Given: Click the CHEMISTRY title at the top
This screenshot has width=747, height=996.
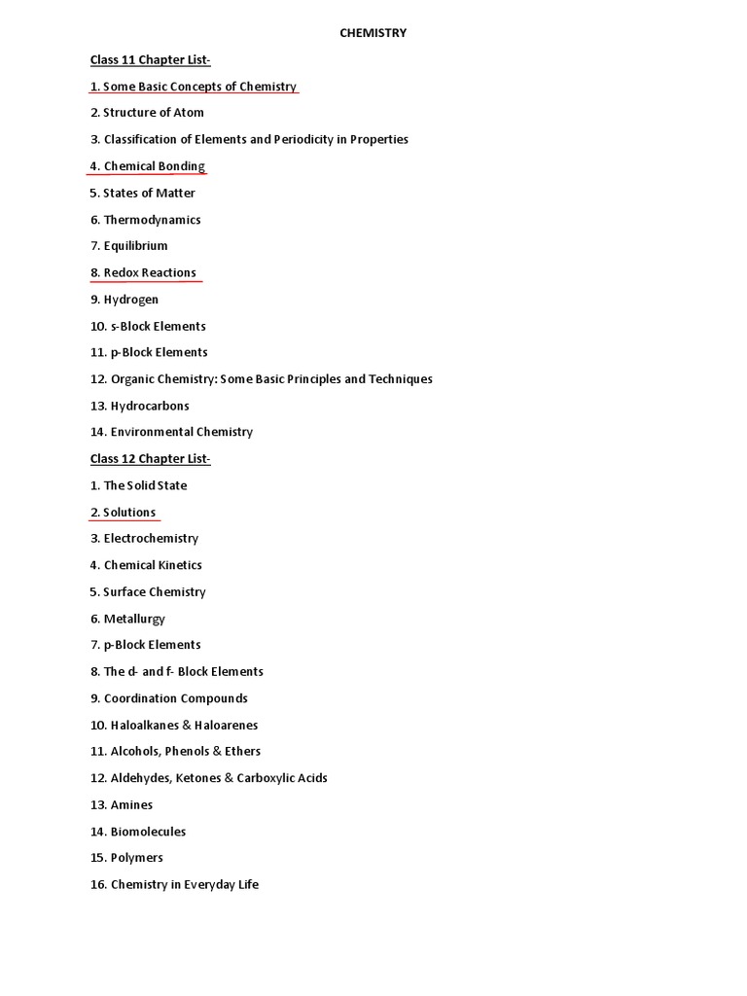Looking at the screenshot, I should (x=373, y=33).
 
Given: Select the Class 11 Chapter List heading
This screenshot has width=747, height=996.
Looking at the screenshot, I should (x=150, y=60).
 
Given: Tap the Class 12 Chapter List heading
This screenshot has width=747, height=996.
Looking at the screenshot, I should (x=150, y=459).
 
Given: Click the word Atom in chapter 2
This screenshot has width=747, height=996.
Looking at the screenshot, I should (x=189, y=113).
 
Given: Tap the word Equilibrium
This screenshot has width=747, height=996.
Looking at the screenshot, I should (x=135, y=246).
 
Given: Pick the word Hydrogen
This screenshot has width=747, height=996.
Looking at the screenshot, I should (x=131, y=300).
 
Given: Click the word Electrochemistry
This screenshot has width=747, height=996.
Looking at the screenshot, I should (x=151, y=539).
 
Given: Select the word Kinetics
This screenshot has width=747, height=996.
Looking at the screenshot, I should (x=179, y=565).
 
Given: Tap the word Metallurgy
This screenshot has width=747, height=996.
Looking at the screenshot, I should (x=134, y=619).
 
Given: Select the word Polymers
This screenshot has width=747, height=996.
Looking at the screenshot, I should (x=137, y=858).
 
